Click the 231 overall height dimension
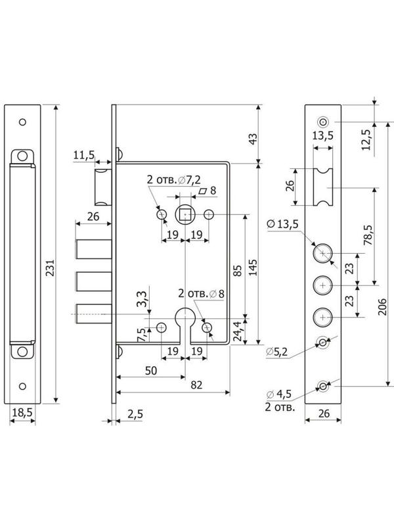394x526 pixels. pyautogui.click(x=51, y=268)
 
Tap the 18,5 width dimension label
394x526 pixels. pyautogui.click(x=22, y=412)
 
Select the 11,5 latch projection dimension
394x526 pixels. pyautogui.click(x=84, y=155)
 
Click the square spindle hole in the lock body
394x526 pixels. pyautogui.click(x=185, y=214)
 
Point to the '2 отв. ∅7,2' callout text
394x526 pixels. pyautogui.click(x=174, y=179)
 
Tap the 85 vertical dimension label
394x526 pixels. pyautogui.click(x=237, y=270)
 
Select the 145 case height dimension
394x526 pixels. pyautogui.click(x=253, y=268)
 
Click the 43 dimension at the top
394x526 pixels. pyautogui.click(x=253, y=138)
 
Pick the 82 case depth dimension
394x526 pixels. pyautogui.click(x=196, y=385)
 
